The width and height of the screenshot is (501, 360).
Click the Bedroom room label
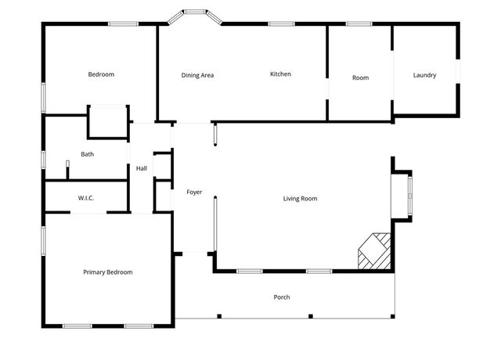pos(101,74)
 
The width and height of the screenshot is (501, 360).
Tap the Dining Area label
pos(197,75)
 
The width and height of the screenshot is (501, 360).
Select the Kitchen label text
pos(280,74)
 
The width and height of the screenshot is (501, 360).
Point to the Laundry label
pos(424,75)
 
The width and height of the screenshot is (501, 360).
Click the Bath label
pos(87,154)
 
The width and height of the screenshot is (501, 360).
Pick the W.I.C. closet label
pos(85,198)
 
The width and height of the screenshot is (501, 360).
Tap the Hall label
pos(142,168)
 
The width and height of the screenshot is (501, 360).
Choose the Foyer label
pos(194,192)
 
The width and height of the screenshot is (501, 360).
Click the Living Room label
pos(300,199)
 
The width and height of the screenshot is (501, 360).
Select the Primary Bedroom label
pos(108,272)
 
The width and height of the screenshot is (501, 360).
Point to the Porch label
pos(282,297)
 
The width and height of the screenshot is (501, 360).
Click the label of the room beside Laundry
pos(360,77)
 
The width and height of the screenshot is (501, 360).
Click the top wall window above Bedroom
pos(123,24)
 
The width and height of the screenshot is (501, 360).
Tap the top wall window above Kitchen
pos(281,24)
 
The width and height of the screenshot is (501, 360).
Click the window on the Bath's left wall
pos(43,159)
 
